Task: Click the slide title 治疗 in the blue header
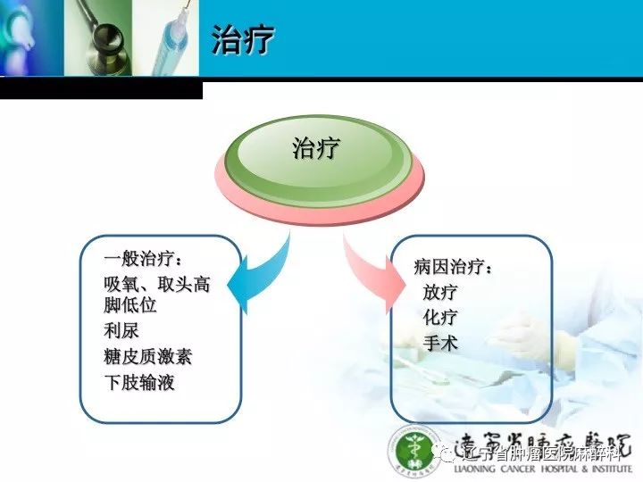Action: [243, 40]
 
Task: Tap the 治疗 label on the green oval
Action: [316, 148]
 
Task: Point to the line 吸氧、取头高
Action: [157, 286]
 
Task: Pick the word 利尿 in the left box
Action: [121, 331]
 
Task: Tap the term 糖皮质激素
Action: [148, 357]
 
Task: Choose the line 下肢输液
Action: [139, 383]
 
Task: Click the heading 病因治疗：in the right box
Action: [454, 266]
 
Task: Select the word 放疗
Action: [440, 292]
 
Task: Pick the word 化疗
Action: [440, 317]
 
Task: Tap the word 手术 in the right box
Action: [440, 343]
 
